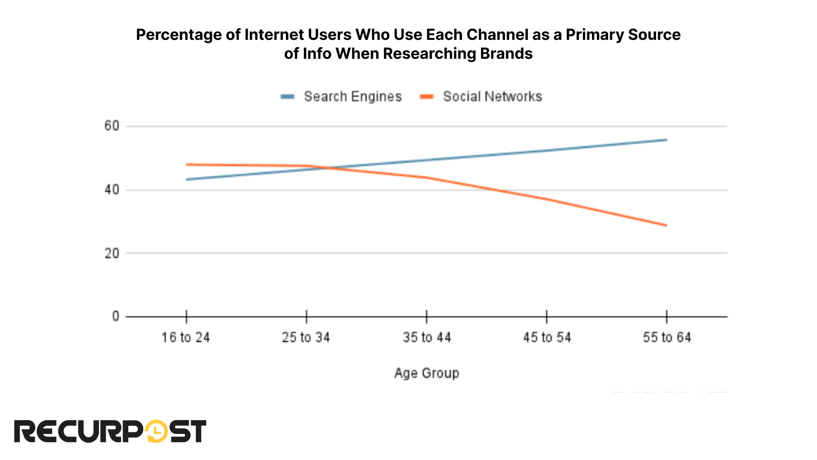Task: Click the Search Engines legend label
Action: [x=352, y=97]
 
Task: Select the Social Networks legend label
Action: [x=492, y=97]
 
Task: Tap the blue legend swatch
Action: [x=287, y=97]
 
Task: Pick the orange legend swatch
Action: [x=426, y=97]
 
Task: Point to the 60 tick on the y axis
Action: [x=112, y=126]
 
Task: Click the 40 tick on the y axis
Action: [x=112, y=190]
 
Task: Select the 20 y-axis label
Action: [x=112, y=253]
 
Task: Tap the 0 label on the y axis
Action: [x=115, y=316]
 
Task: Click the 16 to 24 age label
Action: [x=186, y=337]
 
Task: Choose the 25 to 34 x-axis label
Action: [x=306, y=337]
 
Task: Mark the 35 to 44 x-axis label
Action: [x=426, y=337]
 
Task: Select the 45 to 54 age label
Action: [x=547, y=337]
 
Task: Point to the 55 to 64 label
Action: [x=667, y=337]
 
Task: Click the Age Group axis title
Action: [x=426, y=373]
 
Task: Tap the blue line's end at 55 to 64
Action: [x=666, y=140]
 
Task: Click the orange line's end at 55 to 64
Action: [x=666, y=225]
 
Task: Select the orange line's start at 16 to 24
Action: [x=187, y=165]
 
